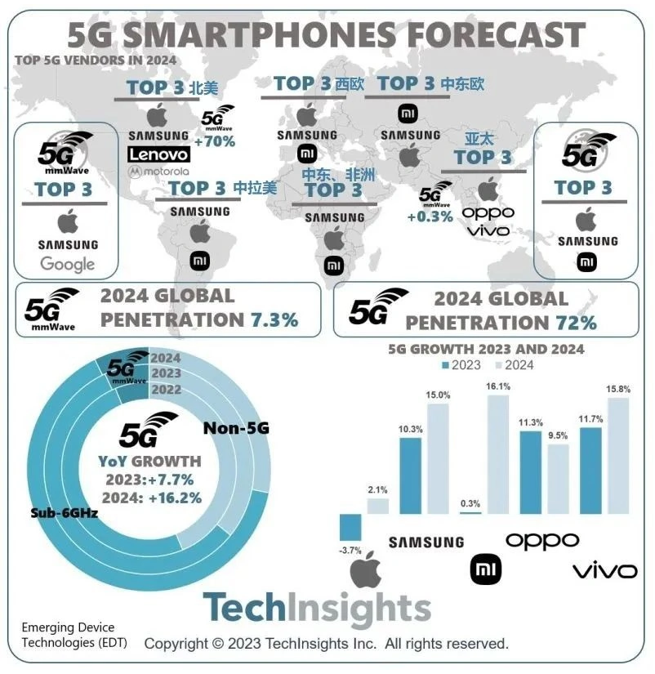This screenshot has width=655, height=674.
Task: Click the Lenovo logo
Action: (159, 154)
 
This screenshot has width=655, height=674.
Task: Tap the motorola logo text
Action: (159, 172)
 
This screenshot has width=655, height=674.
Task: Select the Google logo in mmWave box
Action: (67, 264)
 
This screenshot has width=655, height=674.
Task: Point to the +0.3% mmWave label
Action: (430, 216)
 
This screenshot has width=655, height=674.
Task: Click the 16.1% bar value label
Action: (498, 386)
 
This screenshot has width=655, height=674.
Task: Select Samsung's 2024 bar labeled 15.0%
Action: (438, 458)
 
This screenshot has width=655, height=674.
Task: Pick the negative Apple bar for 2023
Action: (350, 527)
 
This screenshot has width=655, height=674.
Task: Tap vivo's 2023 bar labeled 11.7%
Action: (590, 470)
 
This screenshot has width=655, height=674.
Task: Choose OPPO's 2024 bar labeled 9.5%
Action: (559, 479)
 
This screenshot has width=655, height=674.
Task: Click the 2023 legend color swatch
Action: (445, 365)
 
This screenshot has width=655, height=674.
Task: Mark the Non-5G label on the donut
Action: (236, 428)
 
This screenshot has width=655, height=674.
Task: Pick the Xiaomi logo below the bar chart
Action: (488, 568)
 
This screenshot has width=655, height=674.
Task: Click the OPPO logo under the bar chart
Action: (542, 540)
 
